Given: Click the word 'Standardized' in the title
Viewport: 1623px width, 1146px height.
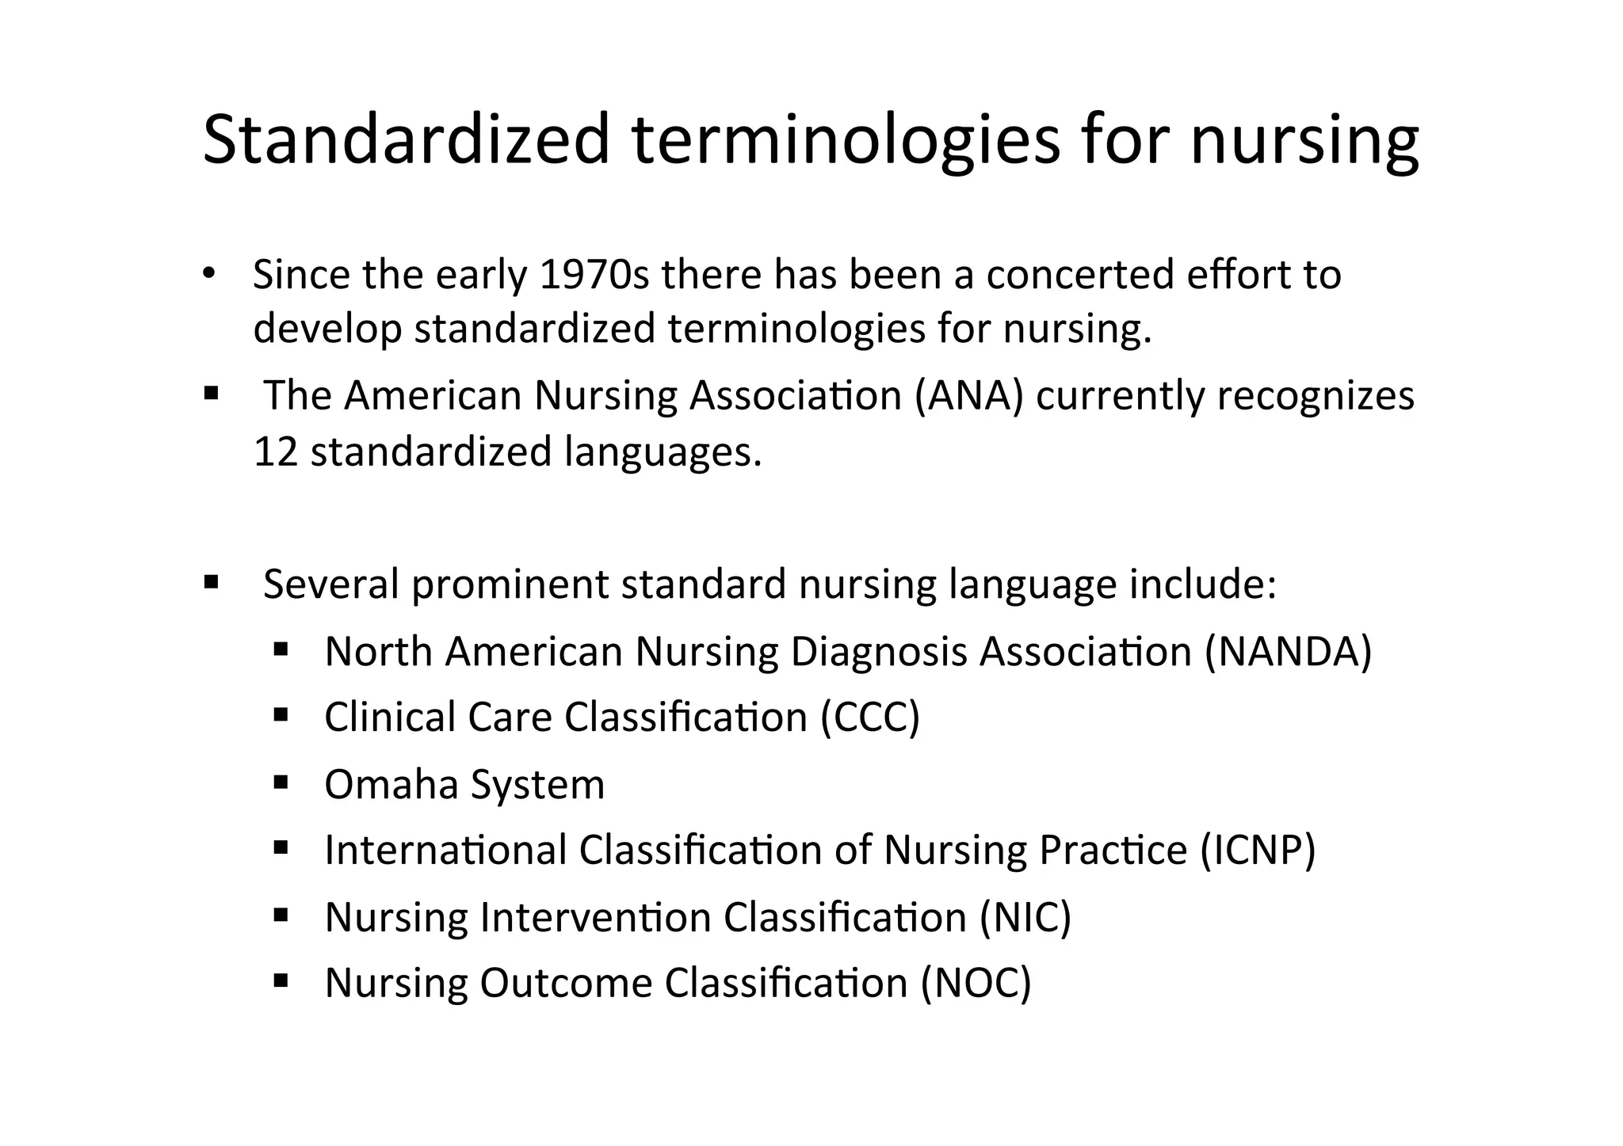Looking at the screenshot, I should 406,140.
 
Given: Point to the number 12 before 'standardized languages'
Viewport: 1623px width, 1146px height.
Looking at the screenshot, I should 275,451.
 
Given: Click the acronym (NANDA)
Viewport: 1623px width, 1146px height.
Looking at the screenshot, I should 1288,652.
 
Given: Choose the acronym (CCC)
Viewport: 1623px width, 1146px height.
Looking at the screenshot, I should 870,718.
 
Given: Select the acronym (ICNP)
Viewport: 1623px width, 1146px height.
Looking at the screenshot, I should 1258,850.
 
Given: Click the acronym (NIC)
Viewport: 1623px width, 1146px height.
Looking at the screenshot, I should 1025,917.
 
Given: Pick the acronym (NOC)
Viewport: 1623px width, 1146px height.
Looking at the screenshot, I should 976,983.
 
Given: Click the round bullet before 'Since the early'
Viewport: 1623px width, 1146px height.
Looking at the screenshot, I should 208,274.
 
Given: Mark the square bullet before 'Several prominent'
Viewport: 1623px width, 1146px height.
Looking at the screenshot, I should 210,583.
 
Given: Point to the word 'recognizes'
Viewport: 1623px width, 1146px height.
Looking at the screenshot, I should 1316,395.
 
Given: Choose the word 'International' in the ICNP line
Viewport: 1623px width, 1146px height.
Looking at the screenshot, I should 445,850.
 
